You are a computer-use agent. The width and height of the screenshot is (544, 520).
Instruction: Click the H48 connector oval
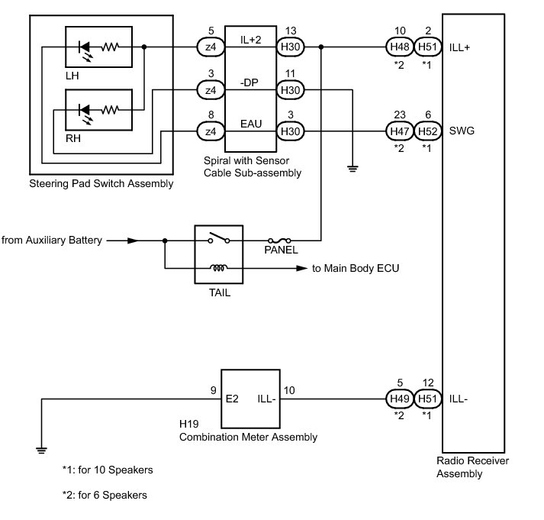click(x=400, y=47)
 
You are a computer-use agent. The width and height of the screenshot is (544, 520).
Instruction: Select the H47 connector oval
click(x=400, y=131)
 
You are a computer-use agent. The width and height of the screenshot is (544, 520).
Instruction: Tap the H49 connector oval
click(x=400, y=399)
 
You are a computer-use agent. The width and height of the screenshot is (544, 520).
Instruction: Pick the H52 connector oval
click(x=428, y=131)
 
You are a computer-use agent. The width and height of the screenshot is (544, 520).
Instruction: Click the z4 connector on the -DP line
click(x=211, y=90)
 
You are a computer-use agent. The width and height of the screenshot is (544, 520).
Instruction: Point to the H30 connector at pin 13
click(x=291, y=47)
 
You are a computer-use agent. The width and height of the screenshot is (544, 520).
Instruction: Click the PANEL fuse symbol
click(x=279, y=241)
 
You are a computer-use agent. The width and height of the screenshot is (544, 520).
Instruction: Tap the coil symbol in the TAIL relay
click(x=218, y=268)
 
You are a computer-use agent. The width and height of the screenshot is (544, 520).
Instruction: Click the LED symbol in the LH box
click(x=85, y=50)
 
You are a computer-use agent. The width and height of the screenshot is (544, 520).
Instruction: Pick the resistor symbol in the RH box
click(x=110, y=110)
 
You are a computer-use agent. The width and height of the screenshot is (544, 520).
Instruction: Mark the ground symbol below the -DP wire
click(x=352, y=169)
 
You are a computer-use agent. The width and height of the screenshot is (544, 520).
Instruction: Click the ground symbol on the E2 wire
click(x=41, y=451)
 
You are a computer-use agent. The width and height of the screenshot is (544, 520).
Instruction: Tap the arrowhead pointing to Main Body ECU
click(x=301, y=268)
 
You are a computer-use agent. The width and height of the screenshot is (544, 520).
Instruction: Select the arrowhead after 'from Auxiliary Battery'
click(x=133, y=241)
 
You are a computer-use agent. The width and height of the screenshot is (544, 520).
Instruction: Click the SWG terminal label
click(x=462, y=131)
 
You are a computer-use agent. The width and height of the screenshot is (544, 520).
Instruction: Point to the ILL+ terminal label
click(x=459, y=47)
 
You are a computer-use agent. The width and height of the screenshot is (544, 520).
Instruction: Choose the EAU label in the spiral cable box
click(x=251, y=124)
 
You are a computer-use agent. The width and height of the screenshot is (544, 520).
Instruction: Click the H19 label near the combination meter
click(x=188, y=424)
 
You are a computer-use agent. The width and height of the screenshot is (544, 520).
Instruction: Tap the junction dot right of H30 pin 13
click(x=321, y=47)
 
